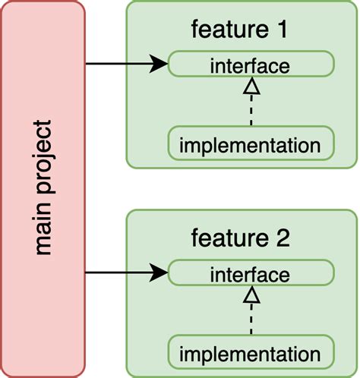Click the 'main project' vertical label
43,187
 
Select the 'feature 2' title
239,239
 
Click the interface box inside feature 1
249,65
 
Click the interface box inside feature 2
249,273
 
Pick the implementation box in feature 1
249,144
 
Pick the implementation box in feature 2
249,353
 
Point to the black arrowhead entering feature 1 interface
159,65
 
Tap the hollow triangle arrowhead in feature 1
249,87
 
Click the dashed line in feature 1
249,112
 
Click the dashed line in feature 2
249,321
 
